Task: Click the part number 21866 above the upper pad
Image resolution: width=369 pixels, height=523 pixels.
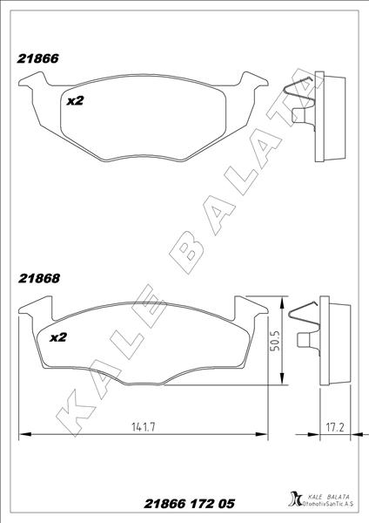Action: [x=38, y=59]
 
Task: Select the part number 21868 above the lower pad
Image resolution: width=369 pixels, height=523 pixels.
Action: [x=38, y=281]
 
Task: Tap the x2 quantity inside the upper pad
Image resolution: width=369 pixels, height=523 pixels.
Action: [x=75, y=101]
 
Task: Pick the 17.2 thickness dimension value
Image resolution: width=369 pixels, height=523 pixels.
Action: [x=334, y=426]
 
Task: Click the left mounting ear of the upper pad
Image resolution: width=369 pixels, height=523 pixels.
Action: [x=32, y=84]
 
